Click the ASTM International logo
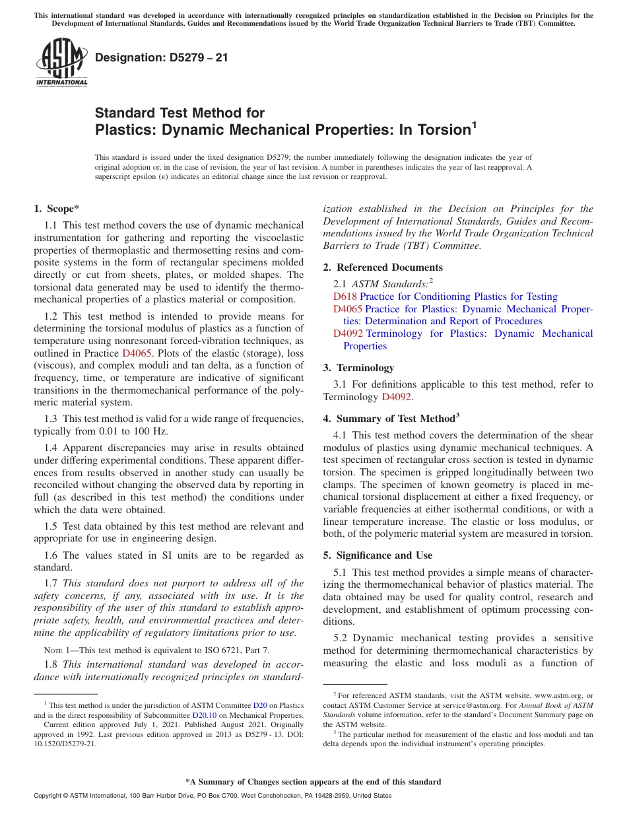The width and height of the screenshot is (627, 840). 61,62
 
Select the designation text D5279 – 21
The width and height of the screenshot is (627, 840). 162,57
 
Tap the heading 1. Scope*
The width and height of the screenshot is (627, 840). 56,209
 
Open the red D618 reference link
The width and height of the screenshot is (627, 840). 345,297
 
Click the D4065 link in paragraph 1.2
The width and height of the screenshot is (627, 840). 137,353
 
